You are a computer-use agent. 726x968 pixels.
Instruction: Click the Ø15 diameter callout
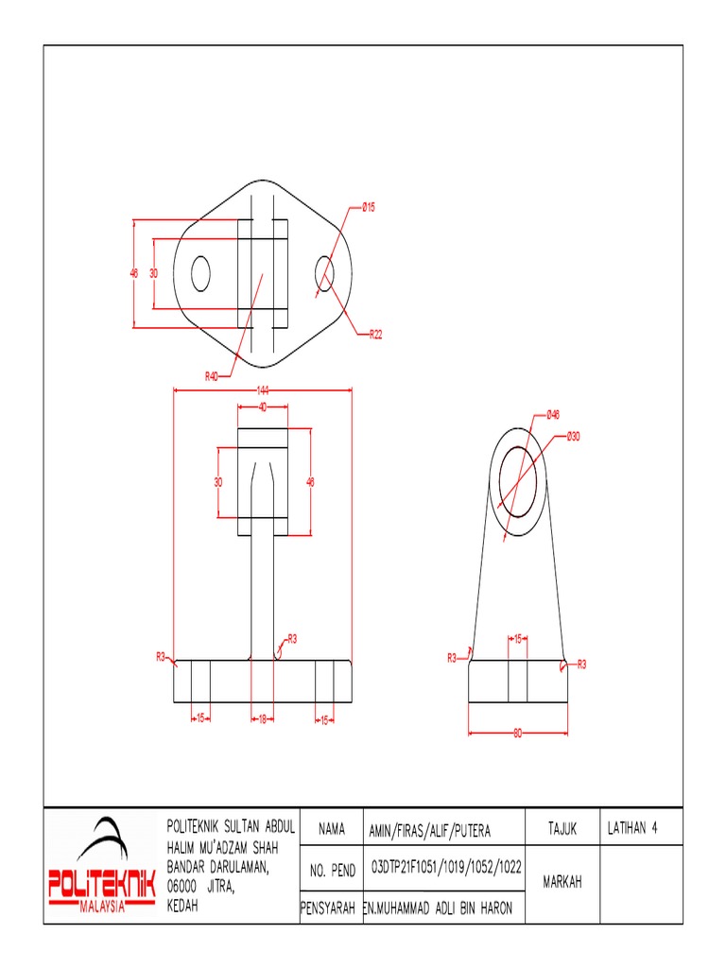click(x=368, y=207)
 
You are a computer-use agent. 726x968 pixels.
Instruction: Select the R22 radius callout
click(x=374, y=334)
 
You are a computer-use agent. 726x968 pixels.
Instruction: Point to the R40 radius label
click(x=212, y=375)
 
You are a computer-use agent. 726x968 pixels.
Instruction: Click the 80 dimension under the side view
click(x=517, y=735)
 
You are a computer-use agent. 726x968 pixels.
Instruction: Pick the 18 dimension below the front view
click(x=261, y=719)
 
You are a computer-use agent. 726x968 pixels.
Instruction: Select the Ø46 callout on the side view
click(x=553, y=414)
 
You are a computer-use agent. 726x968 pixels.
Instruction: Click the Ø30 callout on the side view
click(x=573, y=437)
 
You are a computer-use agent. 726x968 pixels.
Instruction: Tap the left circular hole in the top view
click(x=201, y=273)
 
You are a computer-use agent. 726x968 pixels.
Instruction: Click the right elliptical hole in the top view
click(x=324, y=273)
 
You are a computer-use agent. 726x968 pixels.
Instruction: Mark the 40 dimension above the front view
click(x=262, y=406)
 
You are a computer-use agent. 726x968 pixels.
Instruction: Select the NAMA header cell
click(x=331, y=829)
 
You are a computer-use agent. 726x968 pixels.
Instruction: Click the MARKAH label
click(x=562, y=883)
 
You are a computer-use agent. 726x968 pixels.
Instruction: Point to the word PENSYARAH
click(x=327, y=908)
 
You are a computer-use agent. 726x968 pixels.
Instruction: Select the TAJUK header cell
click(x=562, y=828)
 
